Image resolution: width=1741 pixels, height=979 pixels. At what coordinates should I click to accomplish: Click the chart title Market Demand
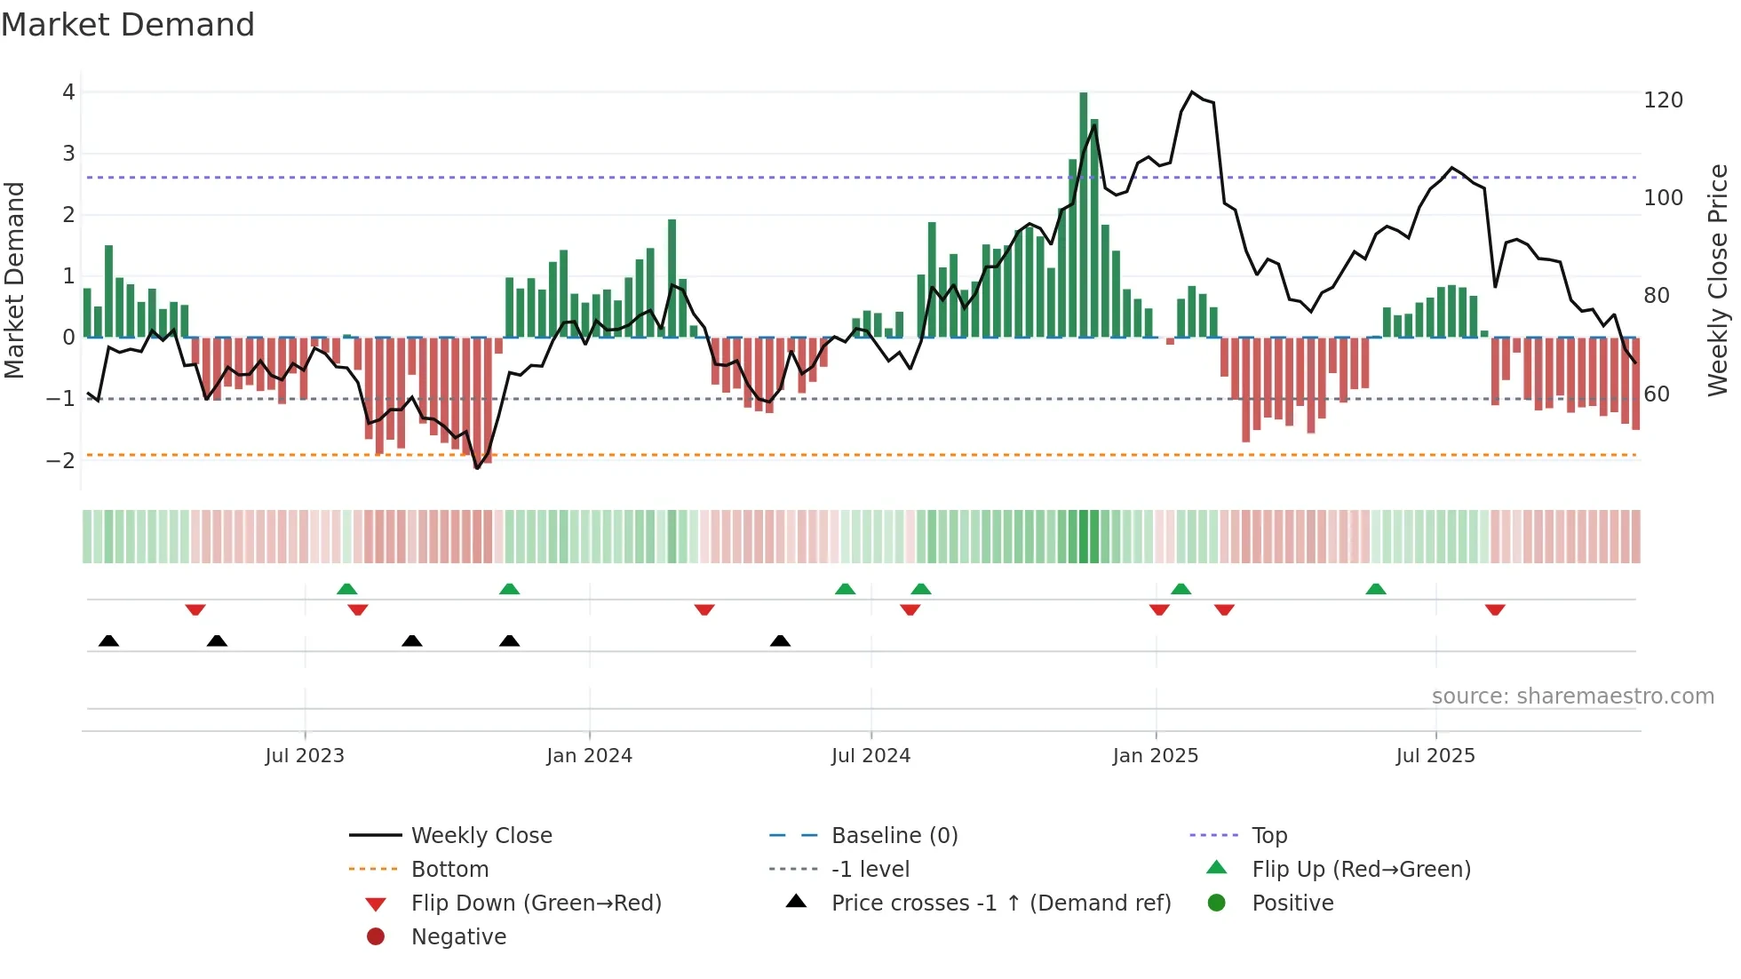click(128, 25)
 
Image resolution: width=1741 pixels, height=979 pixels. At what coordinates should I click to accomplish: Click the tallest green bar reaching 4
click(1084, 213)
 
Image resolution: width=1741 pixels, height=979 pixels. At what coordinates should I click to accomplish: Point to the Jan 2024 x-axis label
click(589, 756)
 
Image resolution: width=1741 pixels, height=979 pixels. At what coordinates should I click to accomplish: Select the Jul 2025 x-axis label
click(1435, 756)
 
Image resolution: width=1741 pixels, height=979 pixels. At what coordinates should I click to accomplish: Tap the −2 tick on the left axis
click(61, 460)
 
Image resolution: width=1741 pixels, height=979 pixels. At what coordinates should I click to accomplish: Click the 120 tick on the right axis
click(1663, 100)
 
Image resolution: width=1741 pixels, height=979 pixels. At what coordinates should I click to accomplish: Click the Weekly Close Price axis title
click(1718, 280)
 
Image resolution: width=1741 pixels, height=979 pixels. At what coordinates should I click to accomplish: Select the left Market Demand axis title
click(14, 280)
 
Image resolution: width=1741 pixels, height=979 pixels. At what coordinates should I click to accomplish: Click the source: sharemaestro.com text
click(1572, 696)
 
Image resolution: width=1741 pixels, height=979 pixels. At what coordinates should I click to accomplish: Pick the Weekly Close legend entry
click(481, 836)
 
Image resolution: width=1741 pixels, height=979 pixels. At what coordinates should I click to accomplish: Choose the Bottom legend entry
click(449, 870)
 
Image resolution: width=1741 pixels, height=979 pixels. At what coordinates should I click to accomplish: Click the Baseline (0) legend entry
click(894, 836)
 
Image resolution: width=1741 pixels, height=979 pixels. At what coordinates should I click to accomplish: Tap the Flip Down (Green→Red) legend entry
click(536, 903)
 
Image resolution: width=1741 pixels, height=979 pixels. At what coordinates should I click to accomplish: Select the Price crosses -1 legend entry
click(1000, 903)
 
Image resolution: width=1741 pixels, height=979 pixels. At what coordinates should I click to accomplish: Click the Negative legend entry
click(458, 937)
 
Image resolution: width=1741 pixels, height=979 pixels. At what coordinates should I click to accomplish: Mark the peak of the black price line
click(1192, 92)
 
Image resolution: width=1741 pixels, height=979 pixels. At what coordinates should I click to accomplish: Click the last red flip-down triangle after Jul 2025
click(1495, 609)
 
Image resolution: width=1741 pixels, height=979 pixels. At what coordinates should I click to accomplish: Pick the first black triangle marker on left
click(108, 641)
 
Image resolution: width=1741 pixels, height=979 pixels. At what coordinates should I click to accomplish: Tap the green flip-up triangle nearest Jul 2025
click(1376, 589)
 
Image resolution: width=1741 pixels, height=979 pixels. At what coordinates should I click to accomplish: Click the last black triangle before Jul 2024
click(780, 641)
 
